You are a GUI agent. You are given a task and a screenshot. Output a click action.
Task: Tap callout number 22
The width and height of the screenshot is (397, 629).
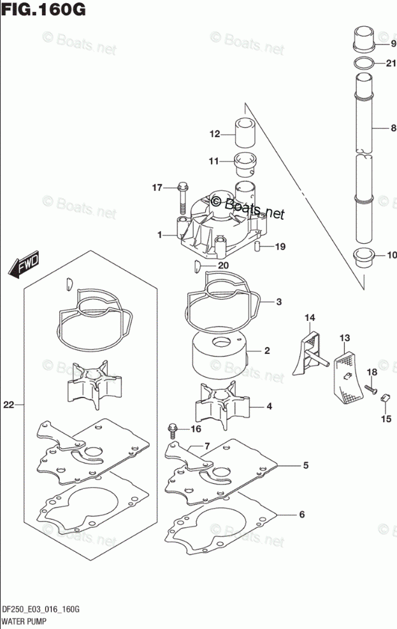click(x=9, y=404)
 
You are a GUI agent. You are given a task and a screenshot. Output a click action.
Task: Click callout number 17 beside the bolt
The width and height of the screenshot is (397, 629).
click(x=157, y=187)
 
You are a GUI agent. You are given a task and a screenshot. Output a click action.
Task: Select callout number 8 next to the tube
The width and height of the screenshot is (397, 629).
click(x=393, y=128)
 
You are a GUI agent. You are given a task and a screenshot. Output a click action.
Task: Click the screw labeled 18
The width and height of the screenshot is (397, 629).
click(x=370, y=386)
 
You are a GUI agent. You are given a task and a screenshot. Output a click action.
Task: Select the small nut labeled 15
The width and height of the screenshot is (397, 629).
click(x=385, y=399)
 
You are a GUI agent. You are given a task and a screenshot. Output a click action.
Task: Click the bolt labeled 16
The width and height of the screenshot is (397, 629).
click(x=172, y=431)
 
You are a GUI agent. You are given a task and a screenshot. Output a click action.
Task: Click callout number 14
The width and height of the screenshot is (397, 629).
click(x=309, y=317)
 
